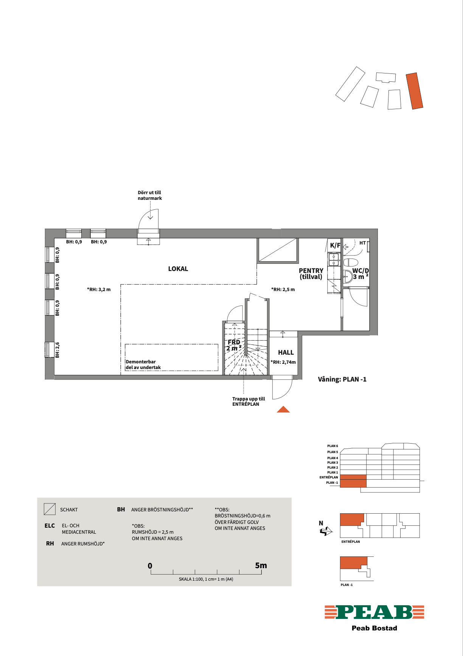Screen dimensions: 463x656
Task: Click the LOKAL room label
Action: click(178, 269)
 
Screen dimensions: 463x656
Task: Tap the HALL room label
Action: click(286, 352)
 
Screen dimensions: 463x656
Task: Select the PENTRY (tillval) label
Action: click(311, 274)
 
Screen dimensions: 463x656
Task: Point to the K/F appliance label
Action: click(335, 245)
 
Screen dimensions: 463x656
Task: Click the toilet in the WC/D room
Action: click(351, 262)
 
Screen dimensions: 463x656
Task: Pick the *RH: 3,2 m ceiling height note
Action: click(99, 290)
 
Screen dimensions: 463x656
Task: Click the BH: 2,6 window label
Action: click(57, 350)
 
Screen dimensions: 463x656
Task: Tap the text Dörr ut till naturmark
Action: click(150, 195)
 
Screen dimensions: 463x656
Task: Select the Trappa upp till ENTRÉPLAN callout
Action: click(249, 402)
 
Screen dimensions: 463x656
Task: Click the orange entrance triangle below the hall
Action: click(283, 410)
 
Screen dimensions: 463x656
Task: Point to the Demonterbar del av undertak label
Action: click(143, 365)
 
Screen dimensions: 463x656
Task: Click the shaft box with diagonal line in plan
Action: click(278, 250)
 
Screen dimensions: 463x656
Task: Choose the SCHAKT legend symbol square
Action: click(50, 509)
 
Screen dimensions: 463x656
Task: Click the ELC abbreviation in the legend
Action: click(50, 526)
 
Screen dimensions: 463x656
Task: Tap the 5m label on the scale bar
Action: click(261, 566)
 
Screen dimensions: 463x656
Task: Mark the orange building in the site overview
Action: click(415, 91)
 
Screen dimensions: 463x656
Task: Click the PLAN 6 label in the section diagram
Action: click(332, 446)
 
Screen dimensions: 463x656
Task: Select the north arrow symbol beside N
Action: click(326, 531)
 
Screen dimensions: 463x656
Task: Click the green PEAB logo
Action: click(374, 612)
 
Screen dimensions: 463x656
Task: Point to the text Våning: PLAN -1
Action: click(342, 379)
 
